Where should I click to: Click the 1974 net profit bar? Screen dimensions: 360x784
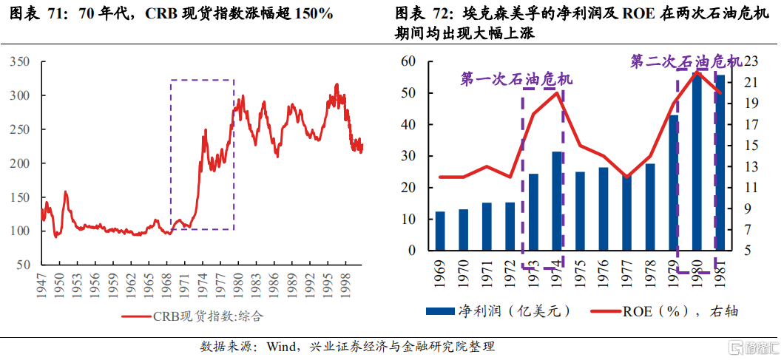point(557,201)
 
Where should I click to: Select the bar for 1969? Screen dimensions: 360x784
point(440,231)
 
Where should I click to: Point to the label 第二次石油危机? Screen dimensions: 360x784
point(686,62)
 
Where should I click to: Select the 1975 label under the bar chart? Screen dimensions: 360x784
point(581,271)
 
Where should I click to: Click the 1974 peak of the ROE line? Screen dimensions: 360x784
point(557,92)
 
